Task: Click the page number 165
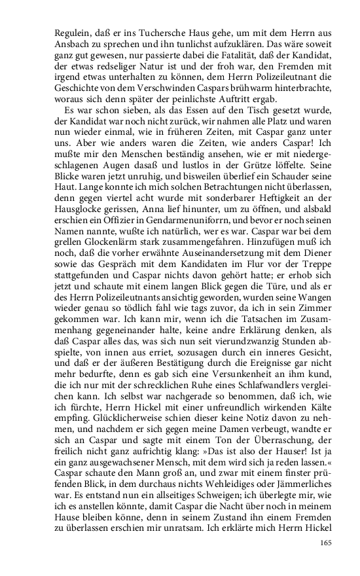[x=327, y=542]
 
